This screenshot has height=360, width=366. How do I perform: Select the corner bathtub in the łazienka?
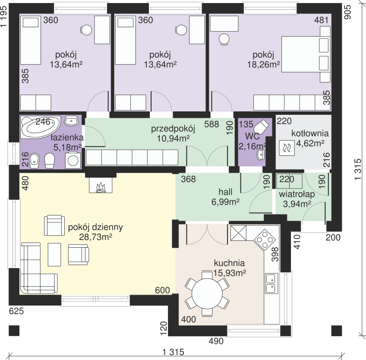click(41, 127)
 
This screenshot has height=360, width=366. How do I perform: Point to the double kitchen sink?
click(272, 283)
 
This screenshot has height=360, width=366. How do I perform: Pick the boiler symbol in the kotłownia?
click(287, 148)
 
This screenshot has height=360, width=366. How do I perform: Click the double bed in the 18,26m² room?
click(306, 54)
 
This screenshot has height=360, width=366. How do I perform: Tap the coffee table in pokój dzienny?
click(54, 255)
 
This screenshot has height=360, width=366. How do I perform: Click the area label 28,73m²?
click(95, 237)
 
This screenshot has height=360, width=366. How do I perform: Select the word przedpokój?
click(173, 129)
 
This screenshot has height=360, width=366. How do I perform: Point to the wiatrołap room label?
click(297, 194)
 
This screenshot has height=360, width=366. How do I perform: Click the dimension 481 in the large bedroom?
click(321, 20)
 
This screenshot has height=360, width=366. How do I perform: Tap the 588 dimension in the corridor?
click(211, 124)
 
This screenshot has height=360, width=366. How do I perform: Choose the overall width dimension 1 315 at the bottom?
click(173, 352)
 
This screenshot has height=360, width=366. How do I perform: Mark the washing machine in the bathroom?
click(73, 160)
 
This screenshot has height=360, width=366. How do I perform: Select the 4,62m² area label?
click(310, 143)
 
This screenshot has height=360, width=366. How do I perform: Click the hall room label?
click(225, 192)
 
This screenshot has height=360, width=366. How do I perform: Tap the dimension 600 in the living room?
click(162, 290)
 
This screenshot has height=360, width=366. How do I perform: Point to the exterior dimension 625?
click(16, 311)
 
